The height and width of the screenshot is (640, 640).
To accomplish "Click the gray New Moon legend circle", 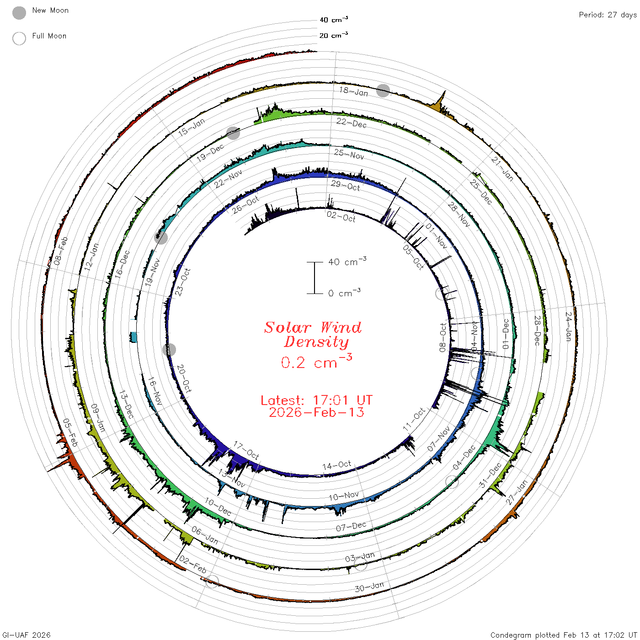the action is coord(19,13).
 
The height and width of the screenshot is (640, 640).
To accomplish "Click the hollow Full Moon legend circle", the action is coord(19,38).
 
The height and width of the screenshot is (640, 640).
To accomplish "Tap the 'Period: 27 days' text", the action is coord(608,15).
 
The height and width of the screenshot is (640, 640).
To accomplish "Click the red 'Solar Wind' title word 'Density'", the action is coord(316,342).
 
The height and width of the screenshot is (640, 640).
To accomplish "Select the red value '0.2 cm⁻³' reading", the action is coord(316,362).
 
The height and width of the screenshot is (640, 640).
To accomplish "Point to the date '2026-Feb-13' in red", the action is coord(316,412).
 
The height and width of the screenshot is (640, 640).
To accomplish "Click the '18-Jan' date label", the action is coord(353,91).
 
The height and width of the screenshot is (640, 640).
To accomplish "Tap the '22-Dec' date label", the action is coord(352,123).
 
